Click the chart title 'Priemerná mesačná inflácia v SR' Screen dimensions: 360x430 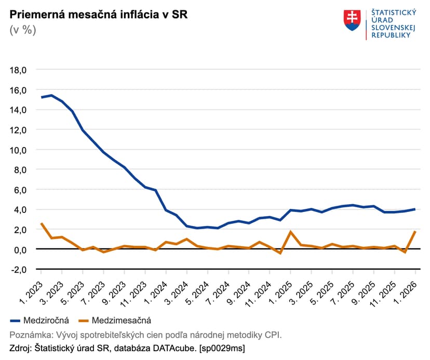point(99,14)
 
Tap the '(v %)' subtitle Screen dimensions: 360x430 point(23,30)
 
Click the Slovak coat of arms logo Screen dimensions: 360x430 point(352,20)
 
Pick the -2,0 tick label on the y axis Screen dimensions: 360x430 point(23,270)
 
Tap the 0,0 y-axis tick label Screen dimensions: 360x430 point(25,250)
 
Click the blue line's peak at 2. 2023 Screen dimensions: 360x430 point(51,96)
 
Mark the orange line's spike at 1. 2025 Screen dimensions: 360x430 point(291,232)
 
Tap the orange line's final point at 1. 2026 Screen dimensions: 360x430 point(415,231)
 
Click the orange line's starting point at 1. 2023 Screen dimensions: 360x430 point(41,223)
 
